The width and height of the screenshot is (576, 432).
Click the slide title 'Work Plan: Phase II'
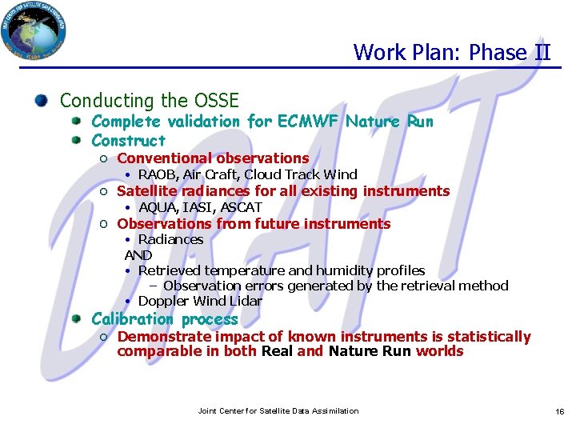coord(452,53)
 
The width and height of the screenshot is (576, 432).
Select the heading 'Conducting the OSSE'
coord(150,101)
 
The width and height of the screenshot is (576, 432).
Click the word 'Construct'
coord(128,140)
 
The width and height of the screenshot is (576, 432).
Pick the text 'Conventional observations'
coord(213,158)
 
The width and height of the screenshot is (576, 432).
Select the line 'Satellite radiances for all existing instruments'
coord(283,191)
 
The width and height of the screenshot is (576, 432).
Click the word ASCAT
coord(242,207)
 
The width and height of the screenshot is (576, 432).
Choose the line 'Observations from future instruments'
coord(254,224)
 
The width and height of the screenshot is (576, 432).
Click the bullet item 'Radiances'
coord(170,239)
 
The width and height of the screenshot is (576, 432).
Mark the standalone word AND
coord(138,255)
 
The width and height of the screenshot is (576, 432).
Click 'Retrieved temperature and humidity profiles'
coord(282,270)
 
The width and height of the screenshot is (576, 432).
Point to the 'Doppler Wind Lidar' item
coord(200,301)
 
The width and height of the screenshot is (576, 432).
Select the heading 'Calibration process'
coord(165,319)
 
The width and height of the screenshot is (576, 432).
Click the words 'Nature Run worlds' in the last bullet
coord(396,351)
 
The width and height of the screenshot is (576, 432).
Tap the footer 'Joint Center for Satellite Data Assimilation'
coord(278,410)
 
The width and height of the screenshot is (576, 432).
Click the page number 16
coord(560,411)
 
